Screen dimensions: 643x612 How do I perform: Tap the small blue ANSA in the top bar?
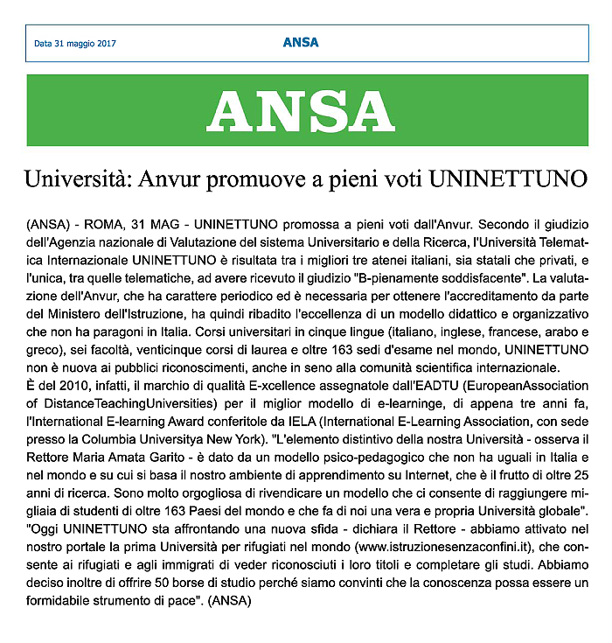(301, 42)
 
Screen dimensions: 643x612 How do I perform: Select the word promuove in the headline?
(236, 180)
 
